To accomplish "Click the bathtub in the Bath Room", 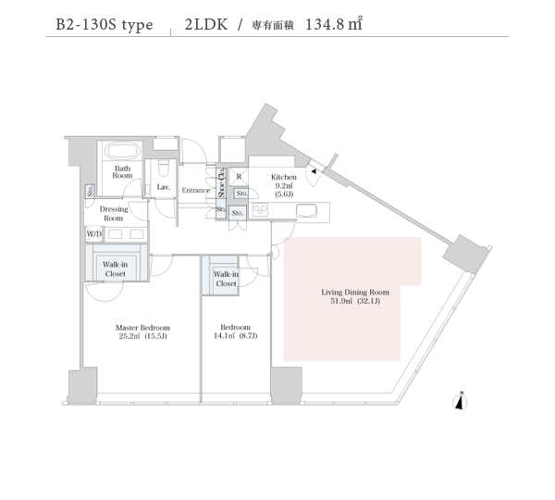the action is pos(123,151).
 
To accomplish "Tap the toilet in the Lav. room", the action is pos(163,169).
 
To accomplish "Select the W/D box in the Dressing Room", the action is pos(93,234).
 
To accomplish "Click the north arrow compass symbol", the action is pos(460,401).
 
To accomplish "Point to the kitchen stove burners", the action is pos(260,210).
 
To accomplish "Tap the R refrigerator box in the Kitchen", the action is pos(239,177).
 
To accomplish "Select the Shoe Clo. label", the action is pos(222,182).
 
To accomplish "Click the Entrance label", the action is pos(196,191).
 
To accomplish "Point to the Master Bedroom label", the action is pos(142,328).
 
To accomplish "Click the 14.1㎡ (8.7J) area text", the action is pos(235,335).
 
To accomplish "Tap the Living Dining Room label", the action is pos(355,293).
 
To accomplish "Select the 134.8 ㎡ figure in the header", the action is pos(333,24).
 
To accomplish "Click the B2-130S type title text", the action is pos(105,25).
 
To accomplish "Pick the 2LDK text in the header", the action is pos(206,24).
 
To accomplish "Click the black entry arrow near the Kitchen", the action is pos(314,171).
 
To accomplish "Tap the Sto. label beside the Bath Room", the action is pos(91,191).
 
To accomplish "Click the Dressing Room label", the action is pos(114,214).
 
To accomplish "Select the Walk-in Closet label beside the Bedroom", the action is pos(226,279).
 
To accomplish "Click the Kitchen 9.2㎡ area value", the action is pos(284,186).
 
